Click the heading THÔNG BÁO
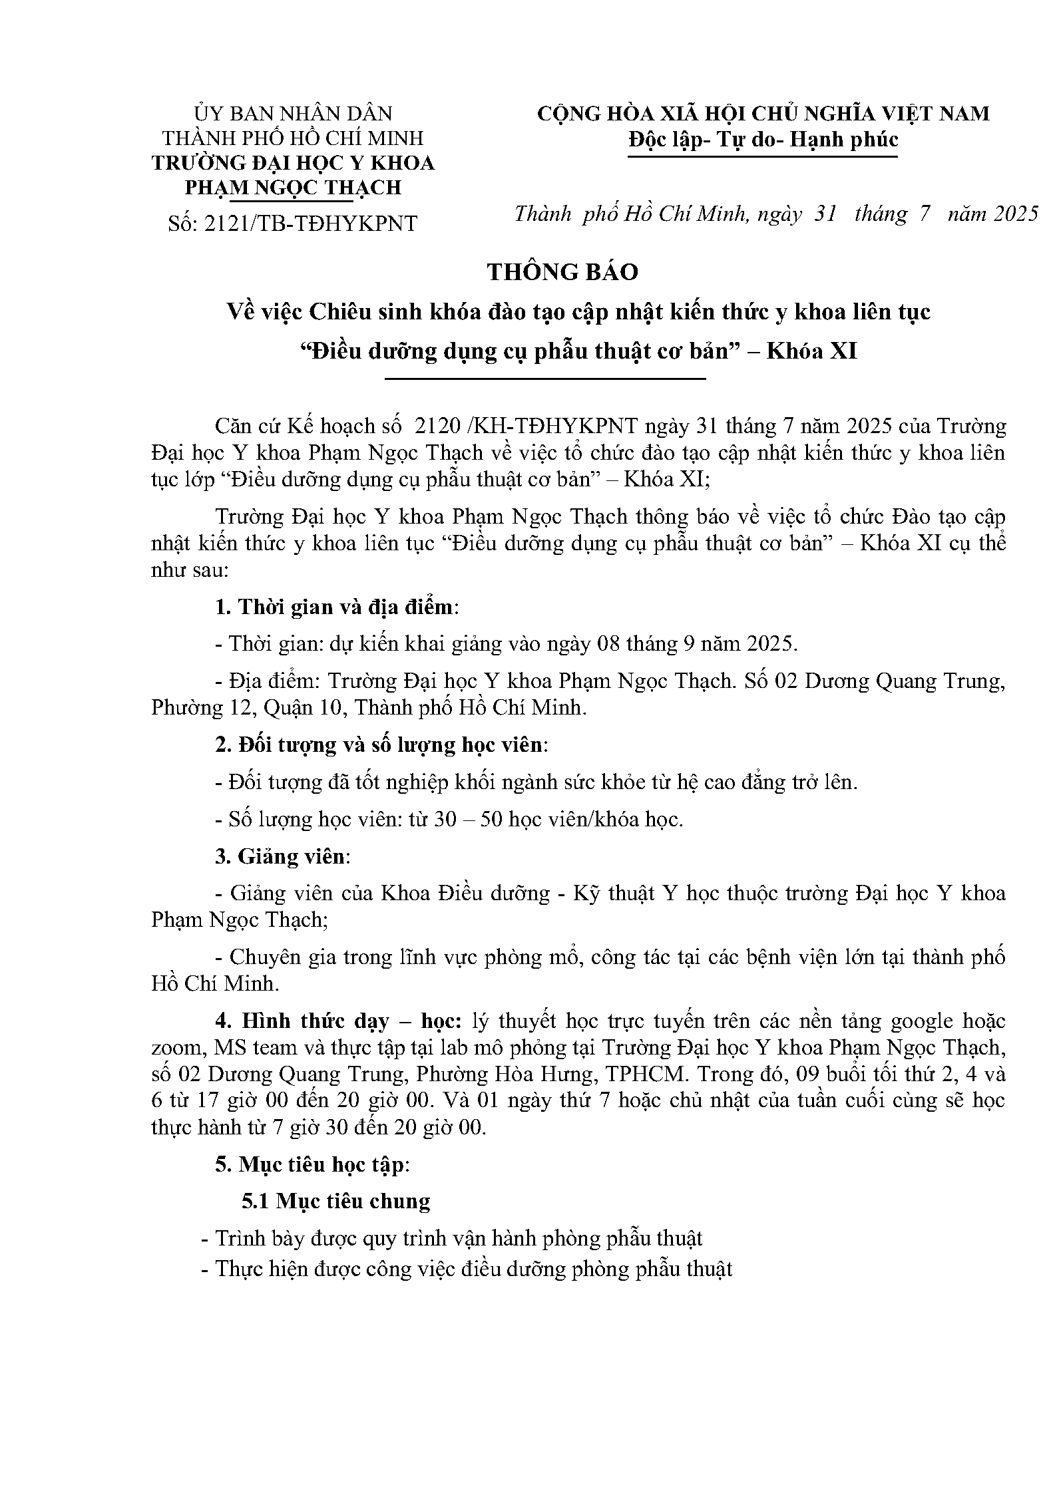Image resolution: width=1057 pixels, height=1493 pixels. click(x=562, y=272)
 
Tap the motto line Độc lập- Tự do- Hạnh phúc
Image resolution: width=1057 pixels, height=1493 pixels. click(x=763, y=140)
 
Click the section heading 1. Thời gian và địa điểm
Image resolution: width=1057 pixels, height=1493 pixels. click(x=337, y=607)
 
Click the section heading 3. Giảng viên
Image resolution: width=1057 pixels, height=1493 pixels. click(x=282, y=856)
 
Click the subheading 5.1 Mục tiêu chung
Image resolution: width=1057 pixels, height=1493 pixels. click(x=335, y=1202)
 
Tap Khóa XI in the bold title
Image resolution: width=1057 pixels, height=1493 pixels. click(x=812, y=351)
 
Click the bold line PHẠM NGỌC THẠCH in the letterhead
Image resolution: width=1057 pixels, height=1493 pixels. click(x=293, y=188)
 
